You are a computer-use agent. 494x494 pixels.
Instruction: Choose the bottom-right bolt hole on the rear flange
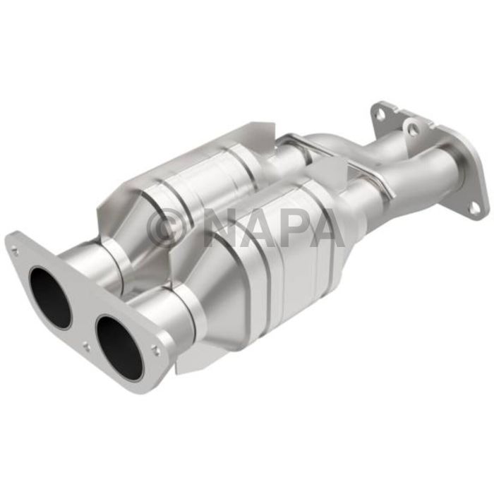click(475, 207)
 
